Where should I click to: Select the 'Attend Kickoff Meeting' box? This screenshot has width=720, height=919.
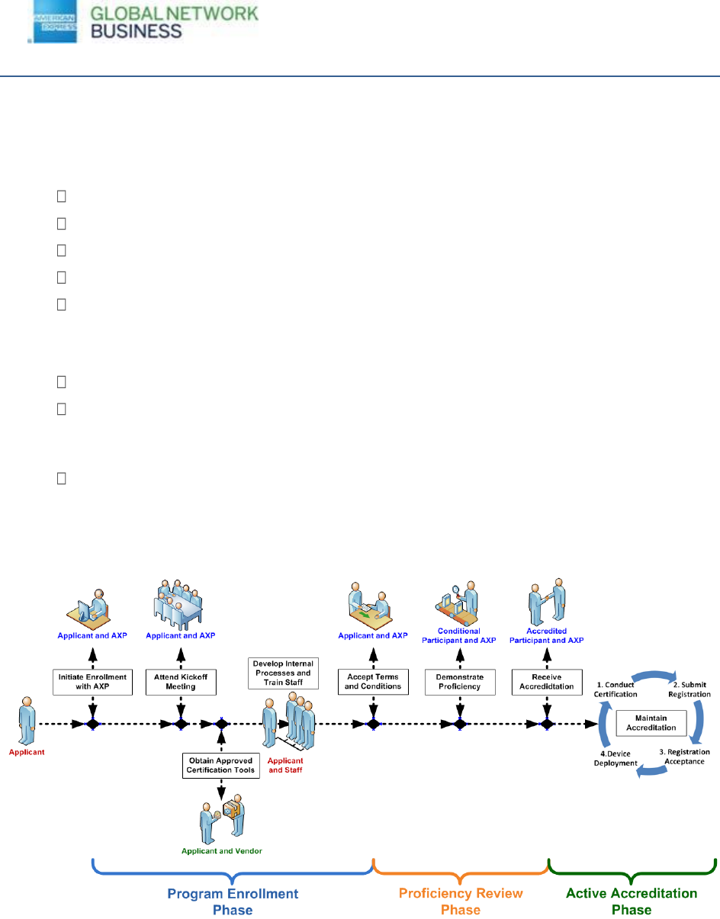181,682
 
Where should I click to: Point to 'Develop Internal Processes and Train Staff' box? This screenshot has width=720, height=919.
283,673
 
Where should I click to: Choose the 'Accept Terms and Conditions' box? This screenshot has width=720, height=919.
373,682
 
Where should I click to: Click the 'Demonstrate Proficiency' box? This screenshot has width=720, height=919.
460,682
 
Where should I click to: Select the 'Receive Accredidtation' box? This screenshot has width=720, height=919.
547,682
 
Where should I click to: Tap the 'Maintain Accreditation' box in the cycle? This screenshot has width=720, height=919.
651,722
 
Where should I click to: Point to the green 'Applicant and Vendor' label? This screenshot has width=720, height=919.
221,850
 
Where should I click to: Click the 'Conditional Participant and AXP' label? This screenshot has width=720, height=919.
460,635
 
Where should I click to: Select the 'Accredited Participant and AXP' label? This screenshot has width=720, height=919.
547,635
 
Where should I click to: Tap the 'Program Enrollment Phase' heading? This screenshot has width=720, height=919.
233,901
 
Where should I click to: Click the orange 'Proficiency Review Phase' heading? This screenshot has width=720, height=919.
461,901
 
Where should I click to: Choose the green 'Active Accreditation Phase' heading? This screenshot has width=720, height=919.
632,901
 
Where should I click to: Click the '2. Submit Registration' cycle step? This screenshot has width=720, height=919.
689,689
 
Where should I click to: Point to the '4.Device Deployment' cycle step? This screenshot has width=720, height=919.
616,758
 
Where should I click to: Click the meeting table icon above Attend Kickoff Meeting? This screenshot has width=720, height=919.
181,605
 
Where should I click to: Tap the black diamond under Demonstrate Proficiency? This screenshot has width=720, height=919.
460,724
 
